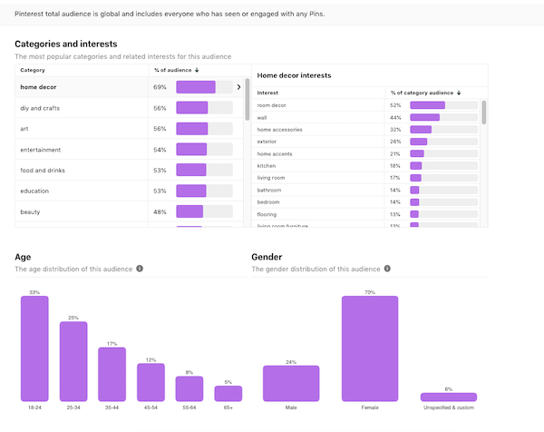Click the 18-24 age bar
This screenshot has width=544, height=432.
pos(34,349)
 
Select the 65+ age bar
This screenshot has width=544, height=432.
pos(228,393)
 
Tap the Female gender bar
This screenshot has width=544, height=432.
pos(370,349)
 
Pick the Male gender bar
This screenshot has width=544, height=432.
pos(291,383)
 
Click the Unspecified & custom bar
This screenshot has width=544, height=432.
pos(448,397)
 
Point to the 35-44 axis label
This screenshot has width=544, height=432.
pos(112,407)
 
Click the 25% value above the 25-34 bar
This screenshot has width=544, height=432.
pos(73,318)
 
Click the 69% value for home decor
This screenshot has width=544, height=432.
pos(160,87)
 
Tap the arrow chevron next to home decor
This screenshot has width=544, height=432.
pos(238,87)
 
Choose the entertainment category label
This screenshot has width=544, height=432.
pos(44,150)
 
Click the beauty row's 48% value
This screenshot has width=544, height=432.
pos(160,211)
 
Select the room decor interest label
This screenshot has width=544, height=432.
pos(272,105)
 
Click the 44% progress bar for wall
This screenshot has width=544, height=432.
pos(424,117)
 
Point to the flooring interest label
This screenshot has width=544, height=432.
pos(269,214)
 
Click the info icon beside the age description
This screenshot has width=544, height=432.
pos(140,269)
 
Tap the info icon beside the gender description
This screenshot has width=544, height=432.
pos(388,269)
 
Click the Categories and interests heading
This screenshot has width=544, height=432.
pos(65,44)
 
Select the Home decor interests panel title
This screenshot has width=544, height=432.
pos(295,75)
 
